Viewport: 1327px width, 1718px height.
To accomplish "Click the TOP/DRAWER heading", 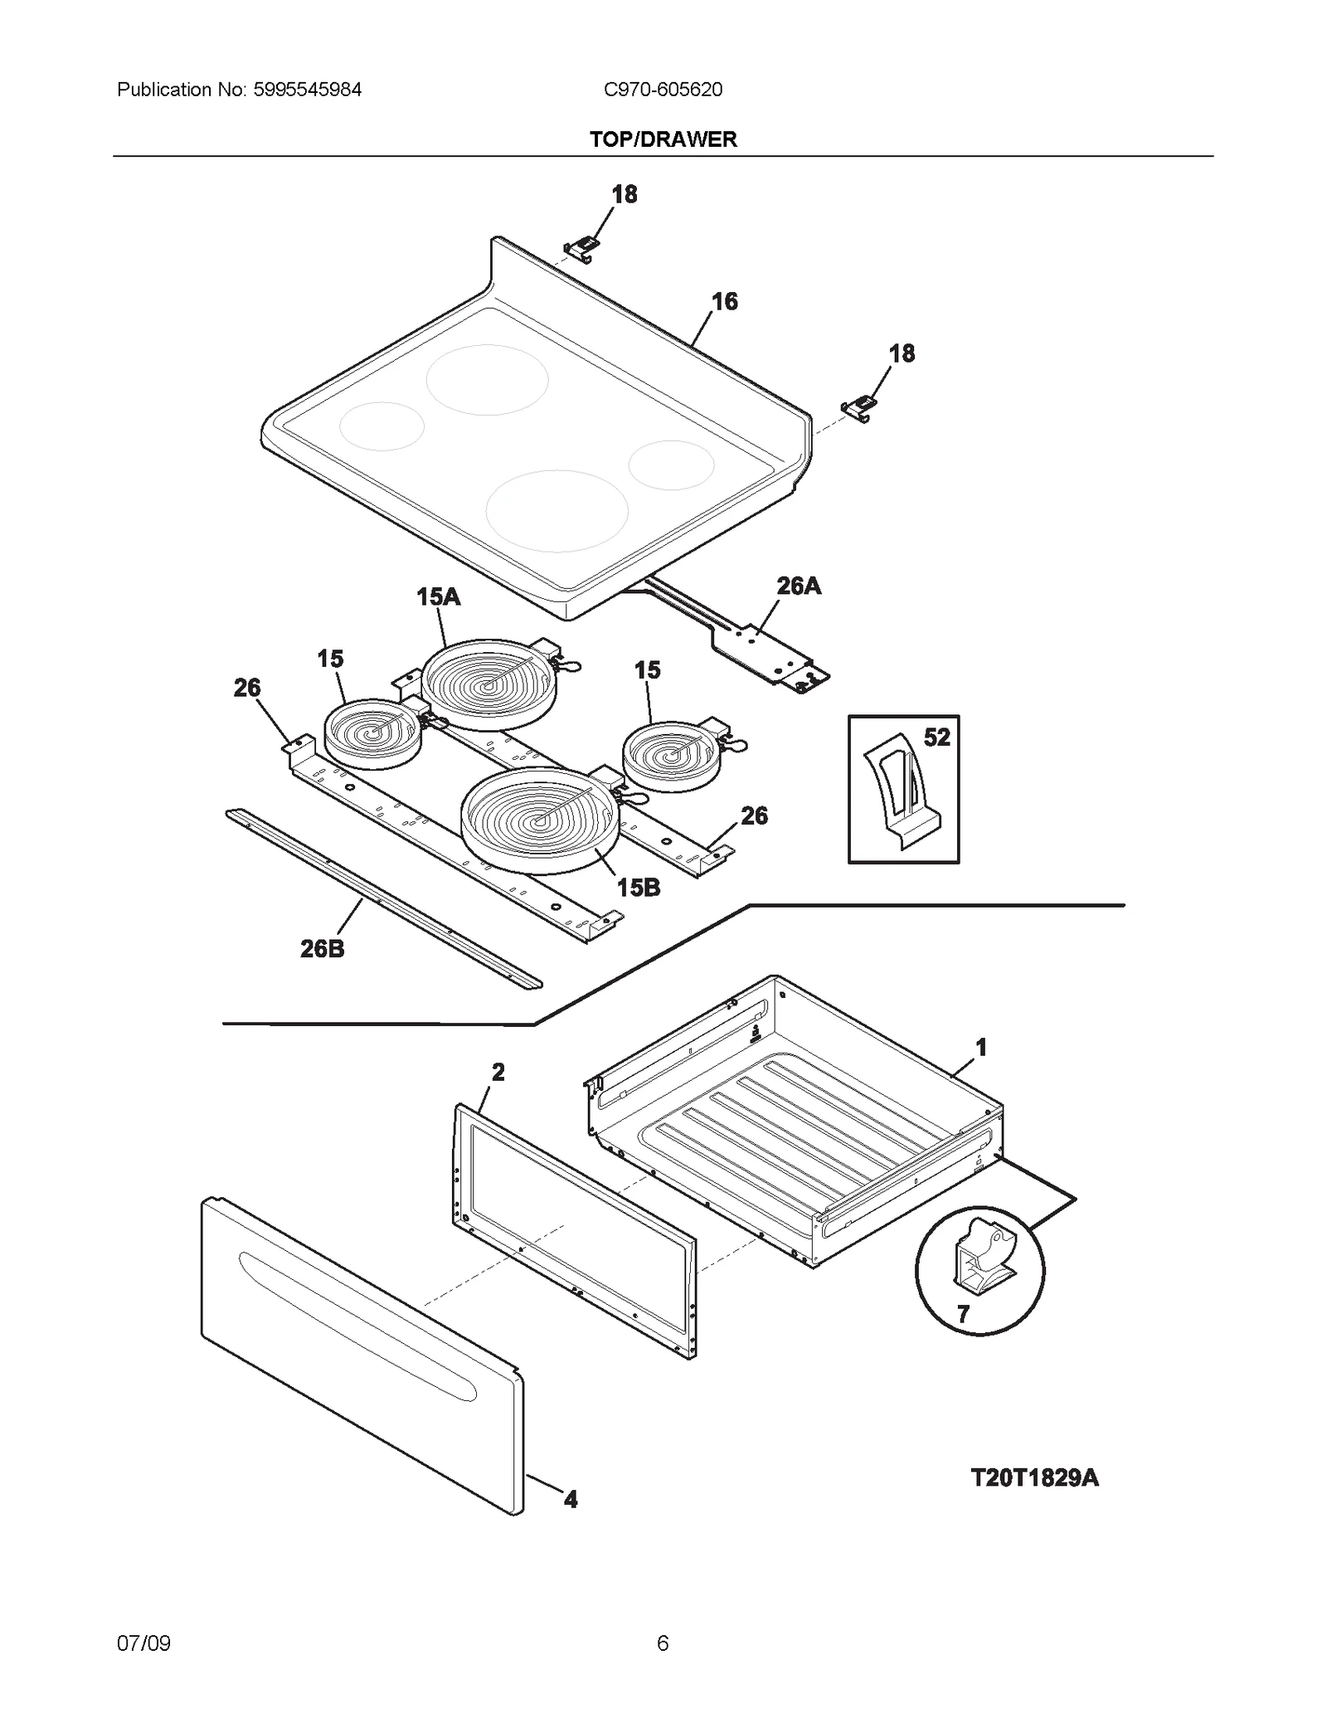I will coord(663,139).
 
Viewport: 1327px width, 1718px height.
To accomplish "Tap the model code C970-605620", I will coord(663,90).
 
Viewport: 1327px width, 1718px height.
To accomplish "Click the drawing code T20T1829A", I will coord(1034,1477).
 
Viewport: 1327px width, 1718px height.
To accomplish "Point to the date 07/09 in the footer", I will coord(143,1643).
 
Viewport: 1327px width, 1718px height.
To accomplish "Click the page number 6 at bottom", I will coord(662,1643).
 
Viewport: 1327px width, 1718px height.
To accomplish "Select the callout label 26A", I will coord(798,586).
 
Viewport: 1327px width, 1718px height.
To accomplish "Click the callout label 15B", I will coord(639,888).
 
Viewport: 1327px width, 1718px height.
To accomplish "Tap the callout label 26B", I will coord(322,949).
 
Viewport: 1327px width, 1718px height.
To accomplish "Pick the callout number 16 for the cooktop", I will coord(724,301).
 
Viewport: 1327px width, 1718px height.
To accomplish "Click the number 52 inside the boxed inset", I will coord(936,737).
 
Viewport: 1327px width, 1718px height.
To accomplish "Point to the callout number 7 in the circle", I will coord(963,1315).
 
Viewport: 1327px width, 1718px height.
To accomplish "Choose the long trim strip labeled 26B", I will coord(382,898).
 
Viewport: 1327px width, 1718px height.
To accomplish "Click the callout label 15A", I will coord(438,596).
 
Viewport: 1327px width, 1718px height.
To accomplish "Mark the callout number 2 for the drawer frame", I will coord(498,1073).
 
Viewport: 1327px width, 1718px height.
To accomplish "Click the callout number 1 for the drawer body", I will coord(981,1048).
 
